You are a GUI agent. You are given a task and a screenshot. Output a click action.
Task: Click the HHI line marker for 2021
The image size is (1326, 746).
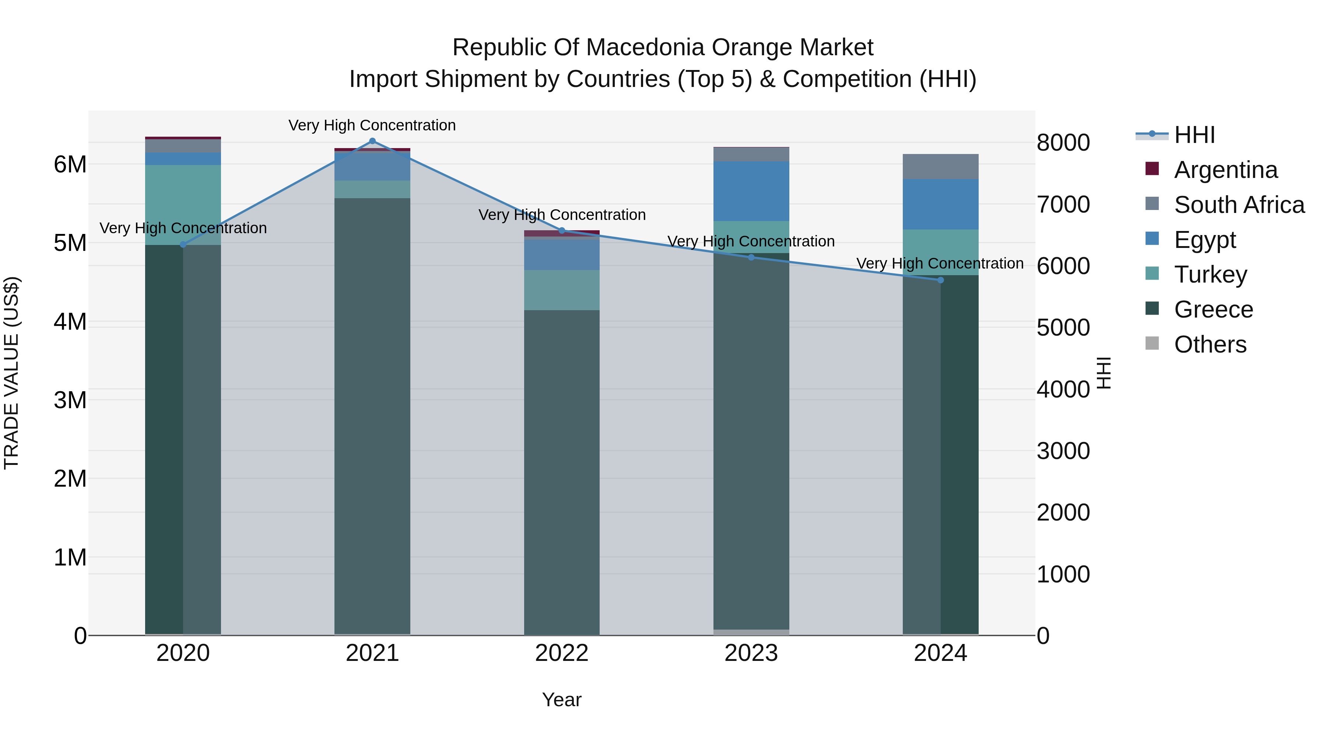pyautogui.click(x=372, y=141)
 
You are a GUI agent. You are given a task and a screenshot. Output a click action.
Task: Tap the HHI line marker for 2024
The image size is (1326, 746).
pyautogui.click(x=940, y=280)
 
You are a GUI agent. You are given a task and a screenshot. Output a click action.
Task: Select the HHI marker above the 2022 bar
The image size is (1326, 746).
pyautogui.click(x=562, y=231)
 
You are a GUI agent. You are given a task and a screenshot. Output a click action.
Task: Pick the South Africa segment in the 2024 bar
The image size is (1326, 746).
pyautogui.click(x=940, y=167)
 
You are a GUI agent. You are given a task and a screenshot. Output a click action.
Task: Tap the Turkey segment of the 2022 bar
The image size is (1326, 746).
pyautogui.click(x=562, y=290)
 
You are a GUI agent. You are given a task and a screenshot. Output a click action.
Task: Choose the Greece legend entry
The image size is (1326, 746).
pyautogui.click(x=1199, y=309)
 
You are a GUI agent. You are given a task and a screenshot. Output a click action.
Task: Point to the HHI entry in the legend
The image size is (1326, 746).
pyautogui.click(x=1176, y=135)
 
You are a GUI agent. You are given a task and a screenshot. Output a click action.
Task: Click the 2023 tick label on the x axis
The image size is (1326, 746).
pyautogui.click(x=751, y=653)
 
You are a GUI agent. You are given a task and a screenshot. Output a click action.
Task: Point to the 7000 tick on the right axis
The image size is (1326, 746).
pyautogui.click(x=1063, y=204)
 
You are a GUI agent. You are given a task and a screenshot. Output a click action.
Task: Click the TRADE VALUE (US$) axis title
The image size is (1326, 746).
pyautogui.click(x=11, y=373)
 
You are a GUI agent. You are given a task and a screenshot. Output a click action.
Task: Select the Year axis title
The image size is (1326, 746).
pyautogui.click(x=562, y=700)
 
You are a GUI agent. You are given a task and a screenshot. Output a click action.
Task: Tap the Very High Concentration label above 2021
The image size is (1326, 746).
pyautogui.click(x=372, y=125)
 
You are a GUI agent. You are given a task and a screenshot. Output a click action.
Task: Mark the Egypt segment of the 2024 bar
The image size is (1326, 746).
pyautogui.click(x=940, y=204)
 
